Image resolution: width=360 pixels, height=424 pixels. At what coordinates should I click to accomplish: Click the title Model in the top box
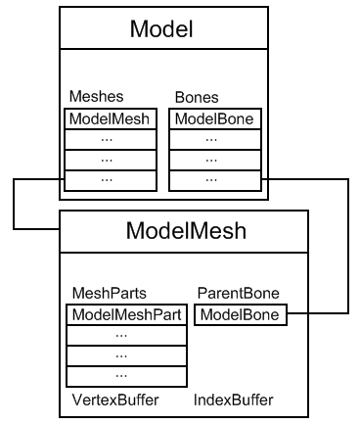pos(161,29)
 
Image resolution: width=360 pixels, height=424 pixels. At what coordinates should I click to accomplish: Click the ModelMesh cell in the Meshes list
pos(110,118)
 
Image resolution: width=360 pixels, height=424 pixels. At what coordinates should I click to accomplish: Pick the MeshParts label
pos(104,292)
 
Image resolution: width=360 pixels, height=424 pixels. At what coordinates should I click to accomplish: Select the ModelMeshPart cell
pos(126,314)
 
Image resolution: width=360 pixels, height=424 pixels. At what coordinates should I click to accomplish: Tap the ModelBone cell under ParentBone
pos(241,314)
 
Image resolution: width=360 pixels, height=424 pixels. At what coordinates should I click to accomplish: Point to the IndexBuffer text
pos(233,400)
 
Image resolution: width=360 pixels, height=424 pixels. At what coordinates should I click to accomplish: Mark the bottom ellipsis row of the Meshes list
pos(110,180)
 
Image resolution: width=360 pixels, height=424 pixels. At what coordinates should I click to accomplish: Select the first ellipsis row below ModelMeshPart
pos(126,335)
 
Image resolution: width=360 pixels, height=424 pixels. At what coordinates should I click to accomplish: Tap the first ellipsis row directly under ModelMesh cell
pos(110,139)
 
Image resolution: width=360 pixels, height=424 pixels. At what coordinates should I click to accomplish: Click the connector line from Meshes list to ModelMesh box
pos(13,204)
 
